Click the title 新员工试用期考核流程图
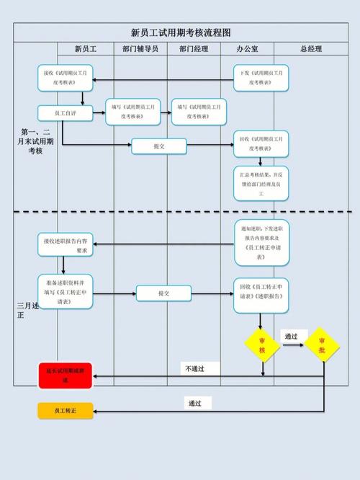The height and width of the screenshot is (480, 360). point(181,32)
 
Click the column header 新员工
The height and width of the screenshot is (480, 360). point(86,49)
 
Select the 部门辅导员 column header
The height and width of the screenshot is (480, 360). point(140,49)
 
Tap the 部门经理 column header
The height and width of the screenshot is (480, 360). point(194,49)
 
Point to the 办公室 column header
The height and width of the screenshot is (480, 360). point(248,49)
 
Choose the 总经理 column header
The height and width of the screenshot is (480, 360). point(311,49)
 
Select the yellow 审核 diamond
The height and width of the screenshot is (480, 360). point(262,345)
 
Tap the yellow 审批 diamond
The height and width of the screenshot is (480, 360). point(322,345)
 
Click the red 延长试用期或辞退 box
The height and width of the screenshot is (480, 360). point(66,375)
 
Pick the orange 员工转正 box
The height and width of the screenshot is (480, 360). point(66,411)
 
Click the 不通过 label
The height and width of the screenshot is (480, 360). point(194,368)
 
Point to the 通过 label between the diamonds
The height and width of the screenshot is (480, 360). point(291,336)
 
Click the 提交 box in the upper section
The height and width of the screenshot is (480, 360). point(159,146)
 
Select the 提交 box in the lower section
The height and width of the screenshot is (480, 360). point(164,293)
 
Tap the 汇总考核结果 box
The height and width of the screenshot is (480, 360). point(261,184)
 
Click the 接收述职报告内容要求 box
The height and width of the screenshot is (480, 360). point(66,244)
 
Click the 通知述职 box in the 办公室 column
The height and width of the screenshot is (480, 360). point(261,242)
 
